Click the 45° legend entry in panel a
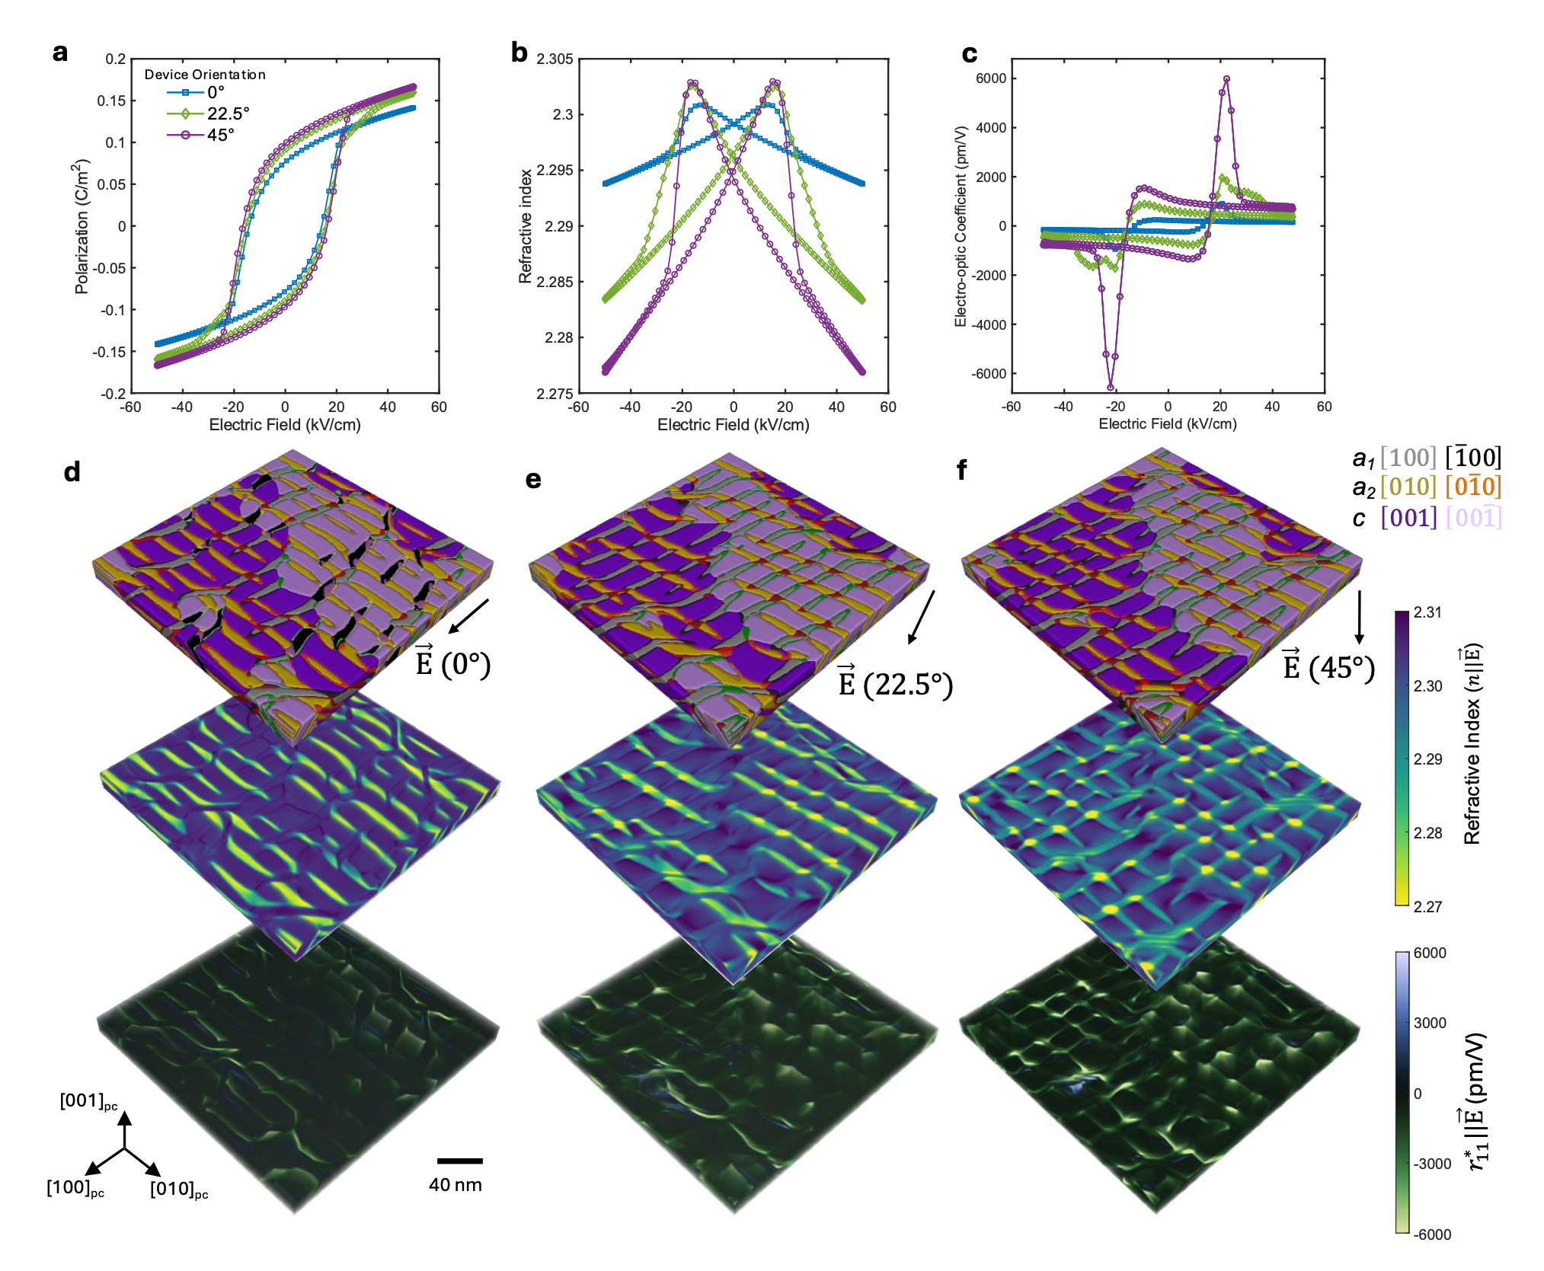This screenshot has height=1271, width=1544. (201, 135)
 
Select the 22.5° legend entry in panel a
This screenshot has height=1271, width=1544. (208, 113)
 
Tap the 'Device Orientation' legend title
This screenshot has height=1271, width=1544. (205, 75)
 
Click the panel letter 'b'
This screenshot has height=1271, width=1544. (519, 52)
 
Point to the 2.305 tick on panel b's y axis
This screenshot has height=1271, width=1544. (555, 59)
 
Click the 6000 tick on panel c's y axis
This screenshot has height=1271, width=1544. (991, 78)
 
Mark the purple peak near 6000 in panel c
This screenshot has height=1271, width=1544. (1226, 78)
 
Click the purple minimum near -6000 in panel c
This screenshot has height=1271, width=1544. (1111, 387)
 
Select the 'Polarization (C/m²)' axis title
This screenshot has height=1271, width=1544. (82, 226)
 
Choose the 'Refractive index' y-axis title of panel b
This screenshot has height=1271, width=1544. (525, 226)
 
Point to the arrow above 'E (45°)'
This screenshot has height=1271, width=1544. (1360, 617)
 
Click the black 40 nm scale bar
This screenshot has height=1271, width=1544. (460, 1161)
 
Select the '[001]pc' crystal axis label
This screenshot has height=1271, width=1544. (89, 1101)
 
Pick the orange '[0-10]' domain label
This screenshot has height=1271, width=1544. (1473, 487)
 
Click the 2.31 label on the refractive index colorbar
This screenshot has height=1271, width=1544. (1427, 612)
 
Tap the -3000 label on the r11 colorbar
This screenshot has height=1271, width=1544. (1432, 1164)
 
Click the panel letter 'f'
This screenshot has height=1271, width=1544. (962, 470)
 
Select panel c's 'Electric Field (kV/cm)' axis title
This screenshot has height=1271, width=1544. (1168, 423)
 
